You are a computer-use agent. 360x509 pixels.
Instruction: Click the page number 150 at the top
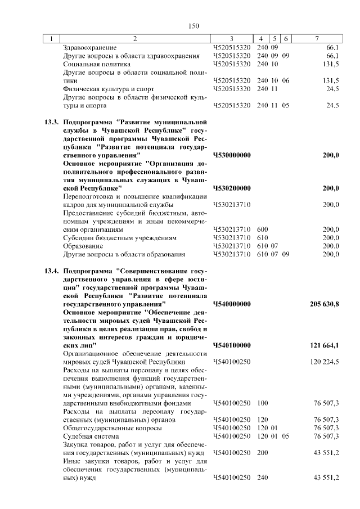point(194,26)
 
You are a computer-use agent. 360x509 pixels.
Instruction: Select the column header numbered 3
point(232,39)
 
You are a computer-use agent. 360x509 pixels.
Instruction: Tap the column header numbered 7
point(317,39)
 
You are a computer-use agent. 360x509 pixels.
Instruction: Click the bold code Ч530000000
point(232,155)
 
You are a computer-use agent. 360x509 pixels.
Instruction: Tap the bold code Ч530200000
point(232,188)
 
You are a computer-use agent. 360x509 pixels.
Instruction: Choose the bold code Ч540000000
point(232,304)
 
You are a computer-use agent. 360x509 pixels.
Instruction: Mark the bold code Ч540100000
point(232,345)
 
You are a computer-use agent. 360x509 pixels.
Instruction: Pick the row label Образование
point(83,246)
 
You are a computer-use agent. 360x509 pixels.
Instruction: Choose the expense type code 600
point(262,229)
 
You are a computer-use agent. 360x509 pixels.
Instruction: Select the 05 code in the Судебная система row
point(286,436)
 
